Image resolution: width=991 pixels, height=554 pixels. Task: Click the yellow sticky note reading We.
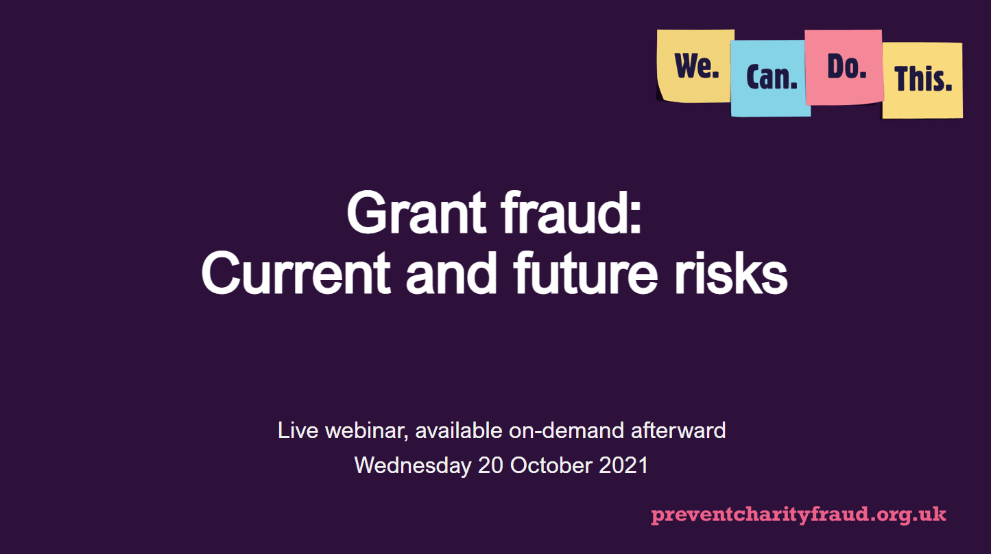[695, 67]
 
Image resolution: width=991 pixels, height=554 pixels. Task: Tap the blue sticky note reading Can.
[771, 78]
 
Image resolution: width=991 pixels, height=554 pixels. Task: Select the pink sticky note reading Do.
[844, 67]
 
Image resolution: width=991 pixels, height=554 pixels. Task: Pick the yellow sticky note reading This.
[922, 80]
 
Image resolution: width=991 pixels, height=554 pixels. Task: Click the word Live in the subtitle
[298, 431]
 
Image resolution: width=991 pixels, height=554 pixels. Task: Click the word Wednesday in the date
[412, 465]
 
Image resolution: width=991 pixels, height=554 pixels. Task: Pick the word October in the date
[551, 465]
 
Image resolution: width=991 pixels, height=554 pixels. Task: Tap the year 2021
[623, 465]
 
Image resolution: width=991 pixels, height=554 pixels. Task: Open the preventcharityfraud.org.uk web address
[798, 514]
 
